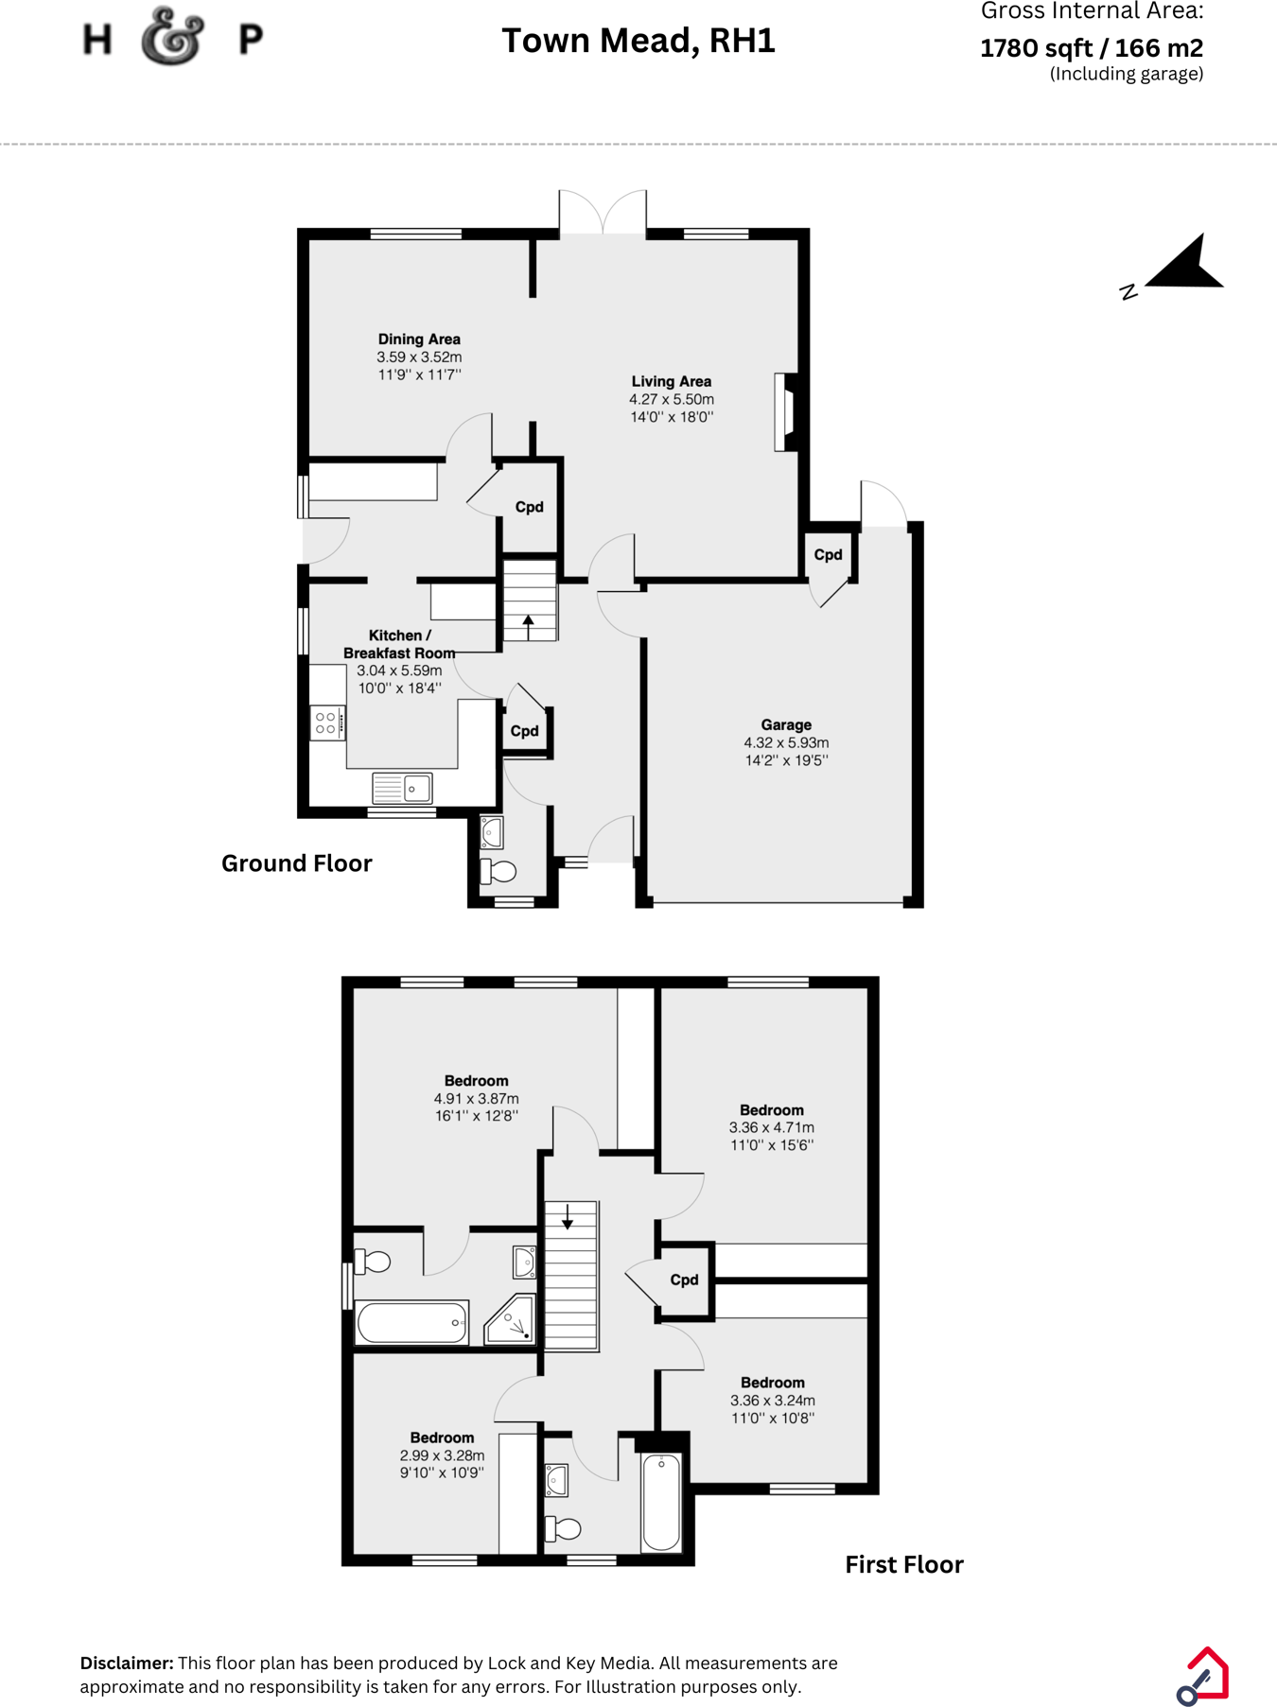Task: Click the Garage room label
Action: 786,724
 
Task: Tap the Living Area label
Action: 671,381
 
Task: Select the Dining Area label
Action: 419,339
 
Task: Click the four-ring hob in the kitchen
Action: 326,723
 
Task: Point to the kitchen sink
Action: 403,788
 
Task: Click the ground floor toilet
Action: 499,871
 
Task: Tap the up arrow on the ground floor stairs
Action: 528,623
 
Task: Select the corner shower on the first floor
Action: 511,1320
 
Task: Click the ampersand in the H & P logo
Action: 173,38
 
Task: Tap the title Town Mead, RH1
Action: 638,41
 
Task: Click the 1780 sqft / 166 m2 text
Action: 1091,47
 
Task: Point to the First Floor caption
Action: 903,1564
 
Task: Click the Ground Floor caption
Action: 296,862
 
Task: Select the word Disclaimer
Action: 126,1663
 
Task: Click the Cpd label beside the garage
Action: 828,554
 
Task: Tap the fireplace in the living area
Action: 784,412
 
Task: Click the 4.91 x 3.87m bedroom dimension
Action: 476,1098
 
